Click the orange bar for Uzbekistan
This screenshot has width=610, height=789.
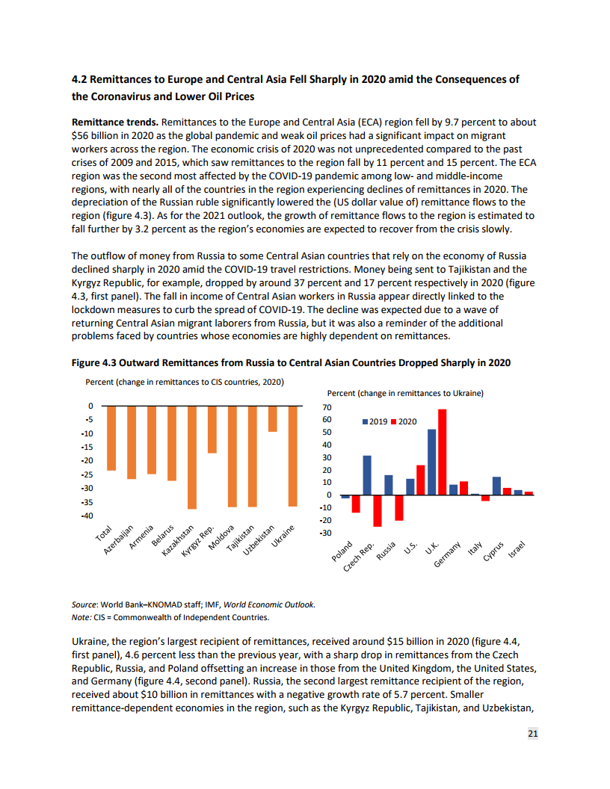tap(273, 418)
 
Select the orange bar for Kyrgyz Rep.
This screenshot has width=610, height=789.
tap(212, 430)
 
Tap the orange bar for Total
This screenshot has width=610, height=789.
tap(111, 438)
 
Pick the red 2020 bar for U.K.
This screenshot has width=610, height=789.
tap(443, 452)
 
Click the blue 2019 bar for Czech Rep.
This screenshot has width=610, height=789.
tap(367, 475)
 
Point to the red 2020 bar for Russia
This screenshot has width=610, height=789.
tap(399, 507)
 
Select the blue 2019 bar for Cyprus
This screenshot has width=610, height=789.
tap(496, 486)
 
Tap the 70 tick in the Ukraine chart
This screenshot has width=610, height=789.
tap(327, 408)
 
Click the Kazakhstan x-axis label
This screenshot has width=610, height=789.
tap(177, 541)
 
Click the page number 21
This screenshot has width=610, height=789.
tap(532, 734)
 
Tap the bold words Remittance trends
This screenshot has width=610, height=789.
tap(114, 121)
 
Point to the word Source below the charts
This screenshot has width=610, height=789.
tap(84, 604)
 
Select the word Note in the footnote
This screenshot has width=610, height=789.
tap(81, 617)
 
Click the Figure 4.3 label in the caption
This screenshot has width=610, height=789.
tap(94, 362)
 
